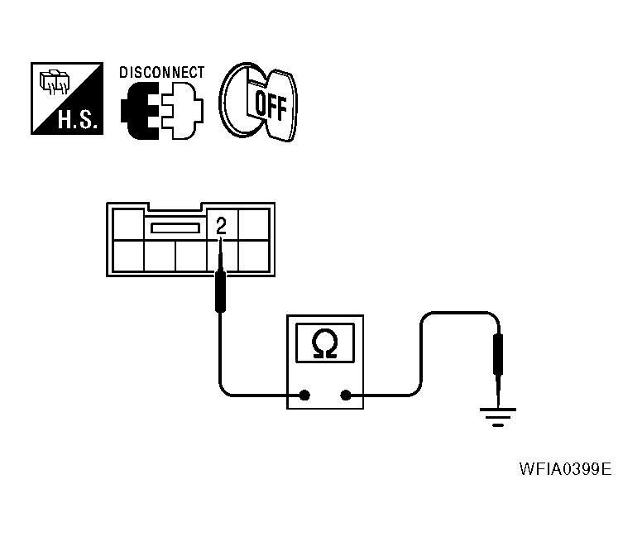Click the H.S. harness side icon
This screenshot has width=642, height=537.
coord(67,98)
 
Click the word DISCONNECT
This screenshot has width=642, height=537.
coord(161,73)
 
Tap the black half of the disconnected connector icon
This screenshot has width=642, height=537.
coord(140,111)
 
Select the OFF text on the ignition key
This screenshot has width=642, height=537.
coord(271,106)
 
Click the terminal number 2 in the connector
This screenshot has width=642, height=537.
coord(221,226)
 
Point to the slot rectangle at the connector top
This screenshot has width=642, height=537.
coord(175,228)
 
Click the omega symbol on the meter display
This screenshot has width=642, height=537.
coord(324,343)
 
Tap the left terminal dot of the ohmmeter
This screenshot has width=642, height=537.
coord(304,396)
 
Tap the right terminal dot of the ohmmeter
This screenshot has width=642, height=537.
coord(346,396)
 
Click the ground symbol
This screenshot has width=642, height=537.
coord(498,417)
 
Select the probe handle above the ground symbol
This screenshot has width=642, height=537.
coord(498,354)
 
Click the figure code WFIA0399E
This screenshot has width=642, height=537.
coord(565,469)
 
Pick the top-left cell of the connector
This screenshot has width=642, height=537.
coord(128,225)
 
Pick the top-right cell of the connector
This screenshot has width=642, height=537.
coord(253,225)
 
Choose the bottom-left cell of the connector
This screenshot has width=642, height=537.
coord(128,256)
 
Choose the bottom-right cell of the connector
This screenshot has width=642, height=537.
coord(253,256)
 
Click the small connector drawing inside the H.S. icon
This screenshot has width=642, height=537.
coord(55,82)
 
